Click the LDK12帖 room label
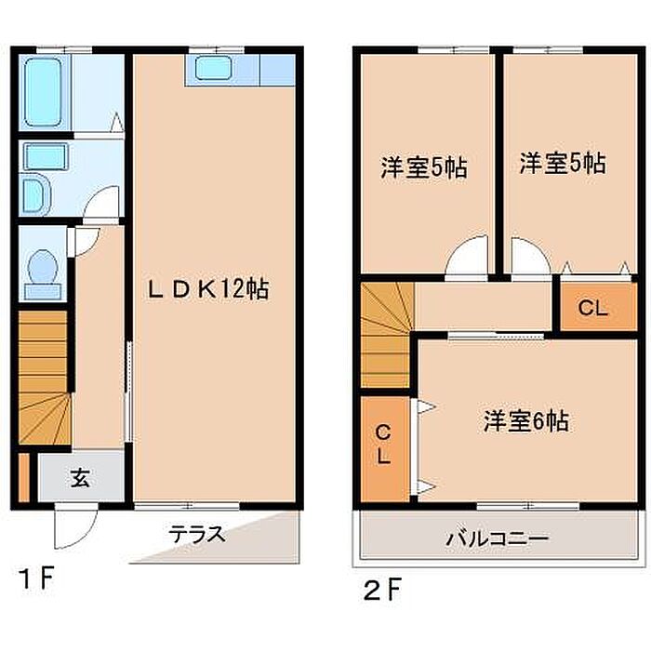pyautogui.click(x=208, y=288)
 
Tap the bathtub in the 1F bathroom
pyautogui.click(x=43, y=92)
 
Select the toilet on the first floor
pyautogui.click(x=43, y=273)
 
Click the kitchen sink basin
pyautogui.click(x=213, y=69)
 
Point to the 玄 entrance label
pyautogui.click(x=80, y=478)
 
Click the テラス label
pyautogui.click(x=197, y=534)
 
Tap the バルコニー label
pyautogui.click(x=498, y=538)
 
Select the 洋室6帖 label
pyautogui.click(x=526, y=421)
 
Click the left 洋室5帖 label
pyautogui.click(x=424, y=167)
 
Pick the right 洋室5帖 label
pyautogui.click(x=563, y=163)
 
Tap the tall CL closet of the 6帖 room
pyautogui.click(x=385, y=448)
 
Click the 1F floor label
pyautogui.click(x=36, y=578)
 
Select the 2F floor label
pyautogui.click(x=382, y=591)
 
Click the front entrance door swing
pyautogui.click(x=76, y=525)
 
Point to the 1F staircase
pyautogui.click(x=45, y=378)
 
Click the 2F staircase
pyautogui.click(x=386, y=335)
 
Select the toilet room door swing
pyautogui.click(x=86, y=241)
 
